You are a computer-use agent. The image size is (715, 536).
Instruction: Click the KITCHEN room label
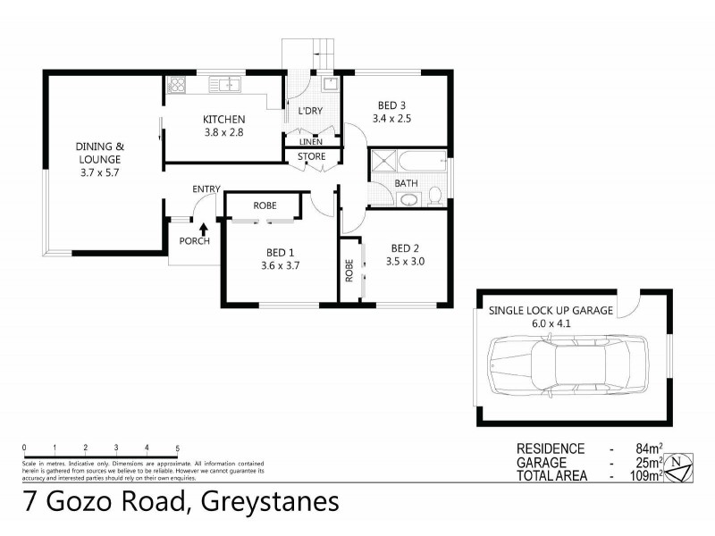point(223,120)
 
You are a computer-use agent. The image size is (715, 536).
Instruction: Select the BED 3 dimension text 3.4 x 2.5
point(391,118)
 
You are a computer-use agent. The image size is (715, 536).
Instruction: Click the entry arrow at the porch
point(203,230)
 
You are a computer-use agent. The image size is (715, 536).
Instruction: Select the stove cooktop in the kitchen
point(176,86)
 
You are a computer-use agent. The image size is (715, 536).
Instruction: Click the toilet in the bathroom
point(434,196)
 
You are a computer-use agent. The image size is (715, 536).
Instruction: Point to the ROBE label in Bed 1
point(264,205)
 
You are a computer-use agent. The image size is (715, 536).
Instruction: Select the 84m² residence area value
point(646,448)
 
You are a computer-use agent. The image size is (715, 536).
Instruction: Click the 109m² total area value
point(643,476)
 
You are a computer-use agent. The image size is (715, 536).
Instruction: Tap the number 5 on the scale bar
point(177,448)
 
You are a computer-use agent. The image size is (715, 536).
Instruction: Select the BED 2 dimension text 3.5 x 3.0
point(404,263)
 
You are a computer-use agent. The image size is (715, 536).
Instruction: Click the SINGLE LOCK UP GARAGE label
point(550,310)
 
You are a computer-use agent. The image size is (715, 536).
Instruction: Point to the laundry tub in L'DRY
point(329,86)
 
